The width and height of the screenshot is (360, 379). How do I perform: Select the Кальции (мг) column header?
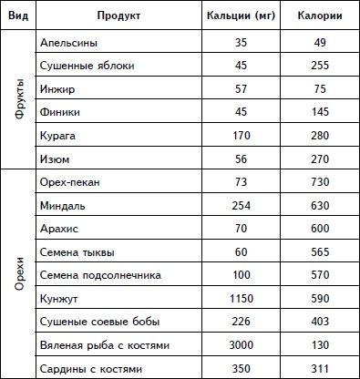tap(242, 16)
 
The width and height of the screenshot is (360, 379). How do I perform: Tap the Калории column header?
tap(319, 16)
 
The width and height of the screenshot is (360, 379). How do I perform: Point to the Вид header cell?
tap(17, 16)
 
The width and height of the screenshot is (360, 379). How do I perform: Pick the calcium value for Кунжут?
tap(242, 297)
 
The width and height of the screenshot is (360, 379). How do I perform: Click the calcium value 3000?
tap(242, 346)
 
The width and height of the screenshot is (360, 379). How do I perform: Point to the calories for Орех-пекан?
tap(319, 181)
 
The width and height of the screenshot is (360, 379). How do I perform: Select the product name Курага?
tap(59, 135)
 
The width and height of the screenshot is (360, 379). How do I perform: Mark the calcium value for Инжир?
tap(242, 89)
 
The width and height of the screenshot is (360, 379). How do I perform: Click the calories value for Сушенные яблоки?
tap(319, 67)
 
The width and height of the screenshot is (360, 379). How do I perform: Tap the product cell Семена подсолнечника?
tap(101, 274)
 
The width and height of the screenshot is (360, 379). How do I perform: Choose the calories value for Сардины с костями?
tap(319, 369)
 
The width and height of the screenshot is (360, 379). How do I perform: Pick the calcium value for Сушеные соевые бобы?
tap(242, 321)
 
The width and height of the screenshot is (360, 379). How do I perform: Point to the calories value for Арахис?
tap(319, 228)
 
